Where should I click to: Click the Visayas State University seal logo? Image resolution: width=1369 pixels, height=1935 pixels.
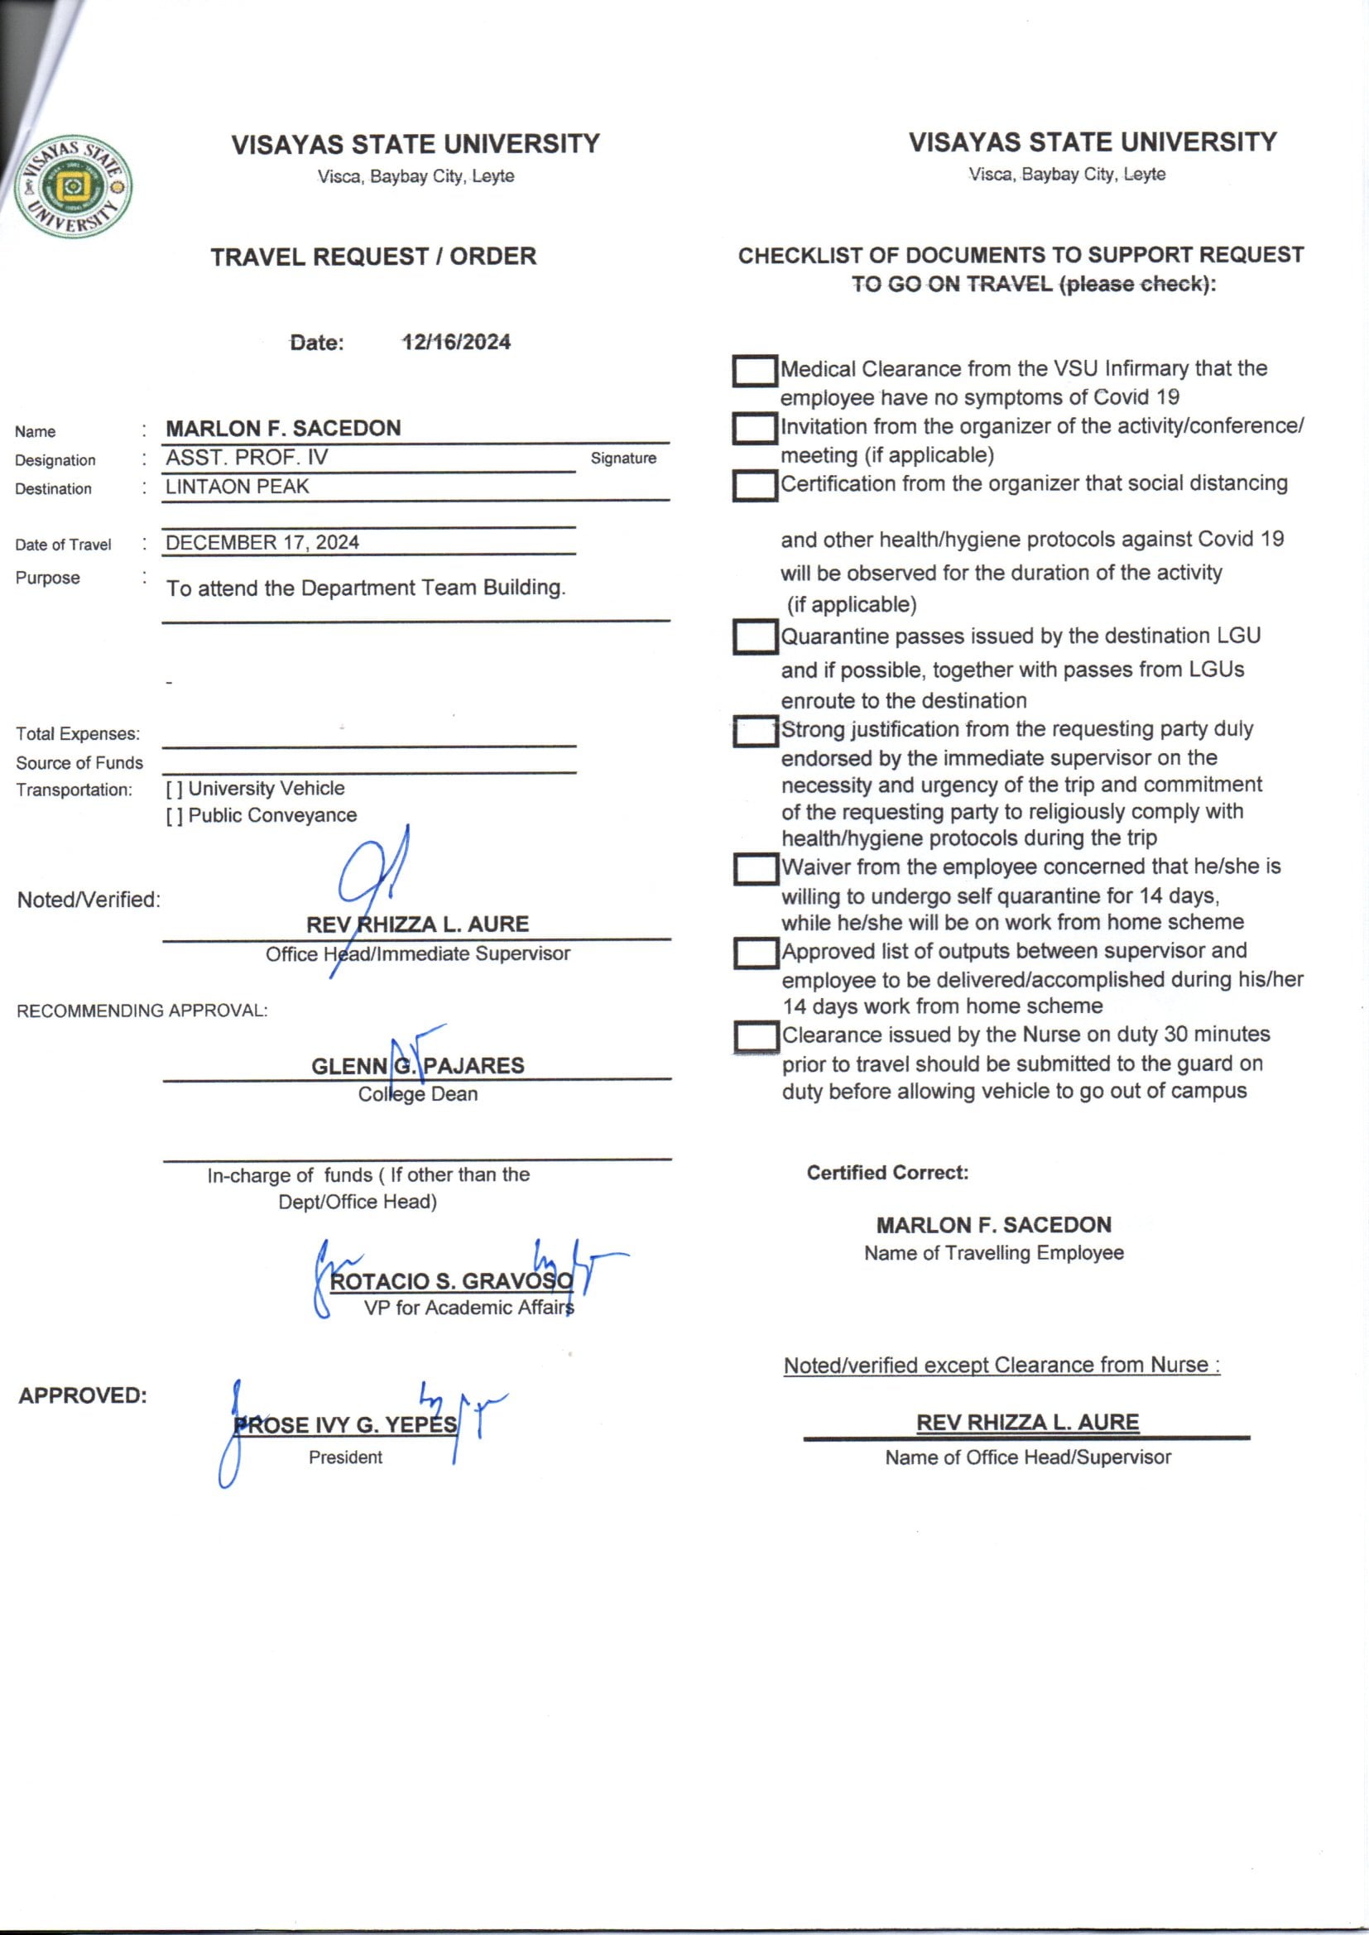pos(74,187)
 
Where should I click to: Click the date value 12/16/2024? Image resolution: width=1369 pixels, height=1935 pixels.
pos(456,342)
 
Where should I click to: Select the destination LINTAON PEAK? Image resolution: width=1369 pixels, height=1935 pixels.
pos(237,487)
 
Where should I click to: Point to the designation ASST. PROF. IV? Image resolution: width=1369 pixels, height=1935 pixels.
pos(246,458)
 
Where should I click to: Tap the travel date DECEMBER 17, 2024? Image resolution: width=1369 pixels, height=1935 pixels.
pos(262,542)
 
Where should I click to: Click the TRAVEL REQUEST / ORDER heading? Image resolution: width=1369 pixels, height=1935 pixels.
pos(373,257)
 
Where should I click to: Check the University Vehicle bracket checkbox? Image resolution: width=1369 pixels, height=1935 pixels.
pos(174,789)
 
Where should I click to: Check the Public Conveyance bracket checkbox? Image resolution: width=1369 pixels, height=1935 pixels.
pos(174,816)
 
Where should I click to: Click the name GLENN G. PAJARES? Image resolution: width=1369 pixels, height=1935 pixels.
pos(418,1066)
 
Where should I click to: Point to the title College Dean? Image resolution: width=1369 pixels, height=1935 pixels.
pos(418,1094)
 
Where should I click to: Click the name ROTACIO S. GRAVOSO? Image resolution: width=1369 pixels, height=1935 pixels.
pos(452,1281)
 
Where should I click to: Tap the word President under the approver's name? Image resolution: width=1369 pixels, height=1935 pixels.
pos(346,1457)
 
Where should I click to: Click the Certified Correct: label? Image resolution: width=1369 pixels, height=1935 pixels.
pos(887,1173)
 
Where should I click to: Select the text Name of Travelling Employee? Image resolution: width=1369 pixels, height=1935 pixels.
pos(994,1253)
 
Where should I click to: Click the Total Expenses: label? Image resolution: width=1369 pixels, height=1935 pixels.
pos(78,734)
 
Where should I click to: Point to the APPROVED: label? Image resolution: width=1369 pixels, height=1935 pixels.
pos(83,1395)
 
